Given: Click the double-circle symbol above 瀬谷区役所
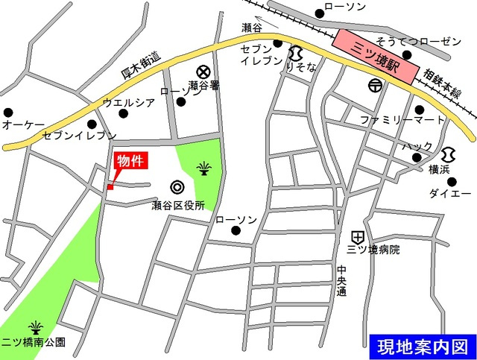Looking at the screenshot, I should (177, 187).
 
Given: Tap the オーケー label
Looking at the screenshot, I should (24, 124).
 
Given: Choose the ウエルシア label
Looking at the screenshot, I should (128, 102).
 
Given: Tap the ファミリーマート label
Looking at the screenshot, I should (402, 119).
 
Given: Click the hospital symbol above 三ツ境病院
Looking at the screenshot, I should (358, 233).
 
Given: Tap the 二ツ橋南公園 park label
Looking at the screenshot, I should (34, 343).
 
